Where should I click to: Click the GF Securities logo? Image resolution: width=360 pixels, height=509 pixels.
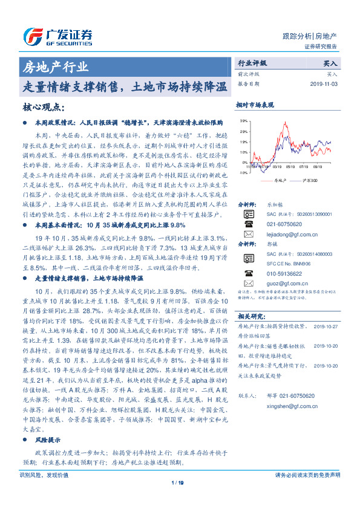[57, 33]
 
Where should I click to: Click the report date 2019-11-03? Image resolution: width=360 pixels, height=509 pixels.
[326, 84]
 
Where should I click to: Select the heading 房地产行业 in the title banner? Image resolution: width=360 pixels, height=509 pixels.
[55, 66]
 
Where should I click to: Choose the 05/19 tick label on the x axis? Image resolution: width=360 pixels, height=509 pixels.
[290, 165]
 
